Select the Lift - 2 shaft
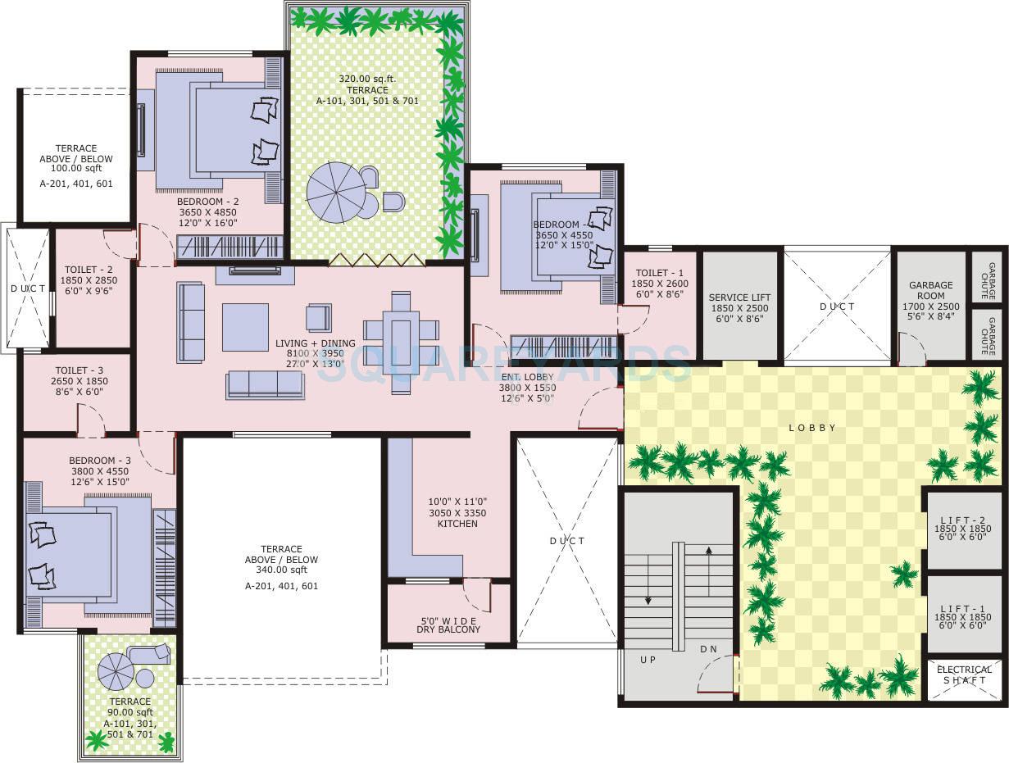coord(963,529)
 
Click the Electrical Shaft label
coord(964,675)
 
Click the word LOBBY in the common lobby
coord(811,428)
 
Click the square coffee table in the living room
coord(245,327)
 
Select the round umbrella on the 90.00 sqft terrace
coord(116,671)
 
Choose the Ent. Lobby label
coord(528,388)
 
